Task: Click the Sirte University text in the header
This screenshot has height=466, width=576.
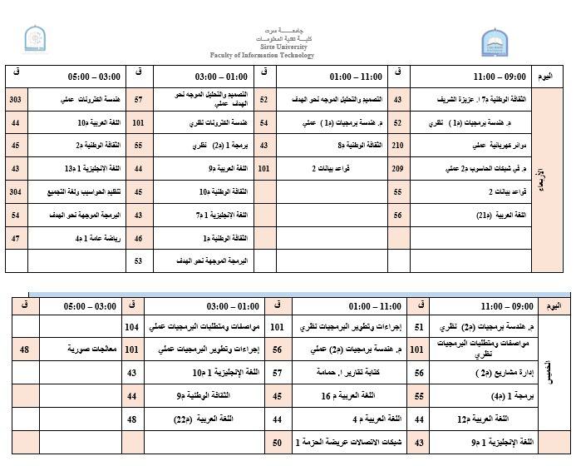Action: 288,48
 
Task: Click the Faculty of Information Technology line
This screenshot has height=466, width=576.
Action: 288,56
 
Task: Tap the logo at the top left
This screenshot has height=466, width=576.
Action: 33,38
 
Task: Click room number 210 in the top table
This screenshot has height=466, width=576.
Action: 397,146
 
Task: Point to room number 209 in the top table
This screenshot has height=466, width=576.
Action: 397,169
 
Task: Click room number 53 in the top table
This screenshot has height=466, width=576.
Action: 140,261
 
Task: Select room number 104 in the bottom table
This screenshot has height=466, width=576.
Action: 132,329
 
